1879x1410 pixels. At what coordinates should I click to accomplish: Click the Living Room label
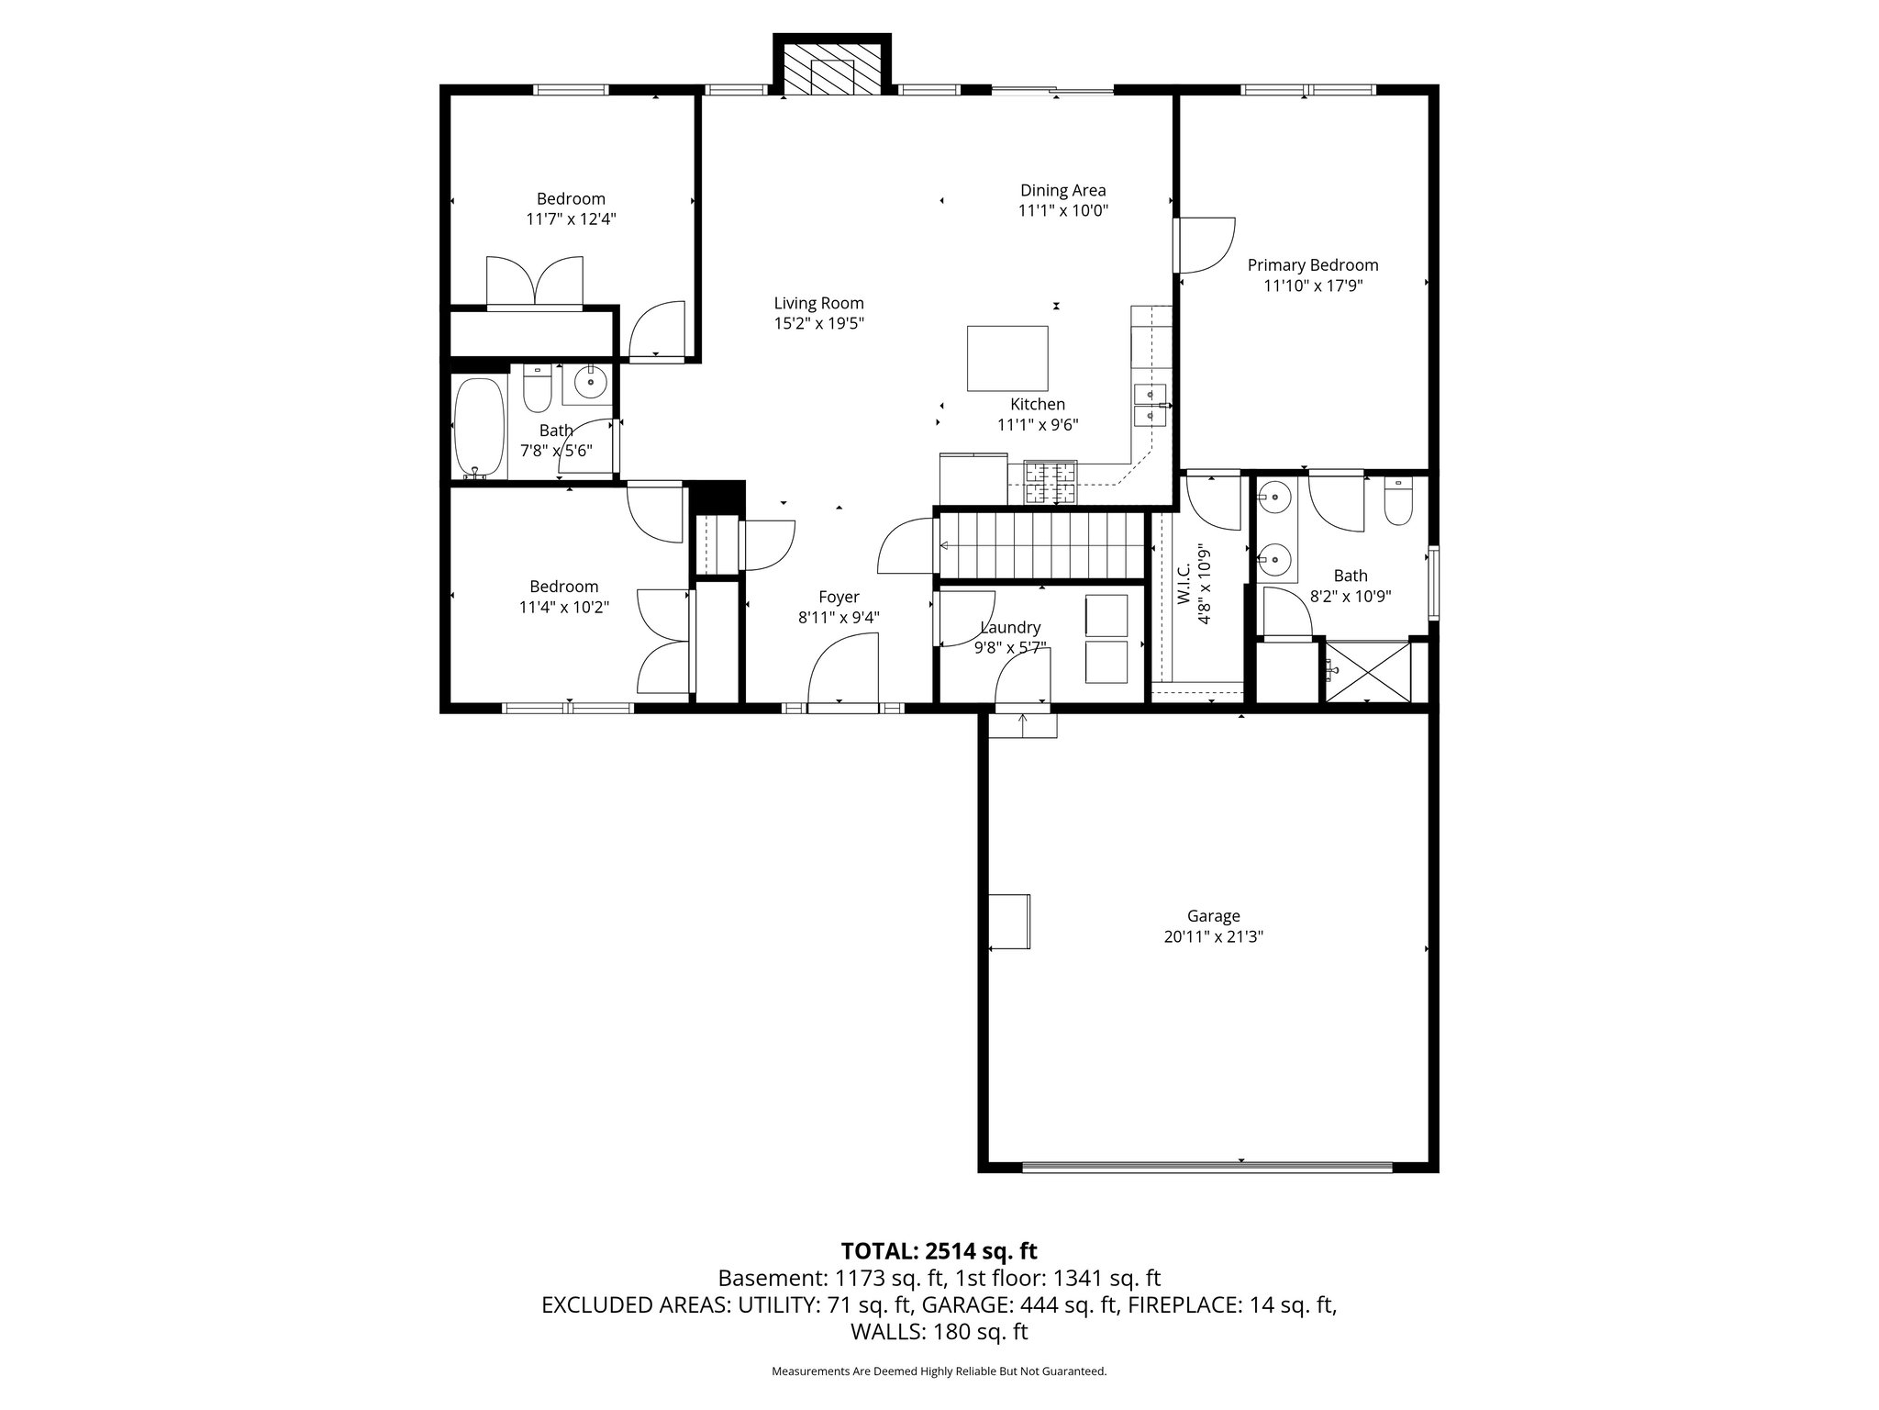(x=818, y=303)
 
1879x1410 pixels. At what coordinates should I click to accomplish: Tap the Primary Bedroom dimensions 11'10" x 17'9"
(x=1313, y=285)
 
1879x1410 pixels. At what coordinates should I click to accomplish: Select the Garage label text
(x=1213, y=916)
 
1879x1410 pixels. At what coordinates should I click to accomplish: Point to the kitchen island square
(x=1007, y=358)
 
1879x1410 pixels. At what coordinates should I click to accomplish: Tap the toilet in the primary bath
(x=1398, y=501)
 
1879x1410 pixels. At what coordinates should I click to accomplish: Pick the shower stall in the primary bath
(x=1368, y=672)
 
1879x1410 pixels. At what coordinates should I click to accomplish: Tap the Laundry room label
(x=1010, y=628)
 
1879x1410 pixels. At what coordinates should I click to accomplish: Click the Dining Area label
(x=1063, y=190)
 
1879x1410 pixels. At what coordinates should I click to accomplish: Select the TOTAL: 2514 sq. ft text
(x=939, y=1250)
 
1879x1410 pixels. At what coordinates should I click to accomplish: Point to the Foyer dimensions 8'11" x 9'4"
(x=839, y=618)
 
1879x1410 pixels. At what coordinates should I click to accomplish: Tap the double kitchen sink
(x=1151, y=405)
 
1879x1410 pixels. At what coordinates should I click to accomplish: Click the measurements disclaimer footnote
(x=939, y=1371)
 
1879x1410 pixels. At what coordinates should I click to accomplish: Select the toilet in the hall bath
(x=536, y=389)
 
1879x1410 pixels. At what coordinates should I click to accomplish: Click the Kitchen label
(x=1038, y=404)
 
